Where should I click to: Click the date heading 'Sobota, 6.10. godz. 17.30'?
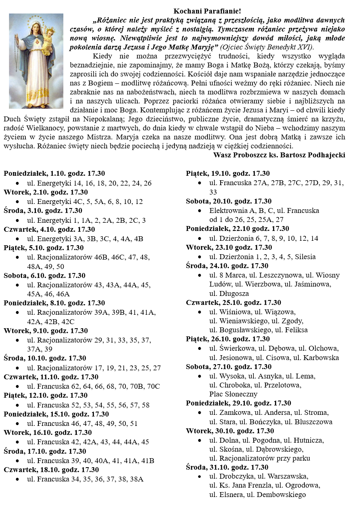(45, 275)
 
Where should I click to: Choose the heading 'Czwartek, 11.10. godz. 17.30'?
(51, 377)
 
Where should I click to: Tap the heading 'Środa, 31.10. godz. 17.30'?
(227, 467)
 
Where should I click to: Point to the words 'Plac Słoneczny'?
(233, 394)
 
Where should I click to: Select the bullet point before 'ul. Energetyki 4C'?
(18, 202)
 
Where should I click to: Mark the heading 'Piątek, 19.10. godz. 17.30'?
(228, 173)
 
